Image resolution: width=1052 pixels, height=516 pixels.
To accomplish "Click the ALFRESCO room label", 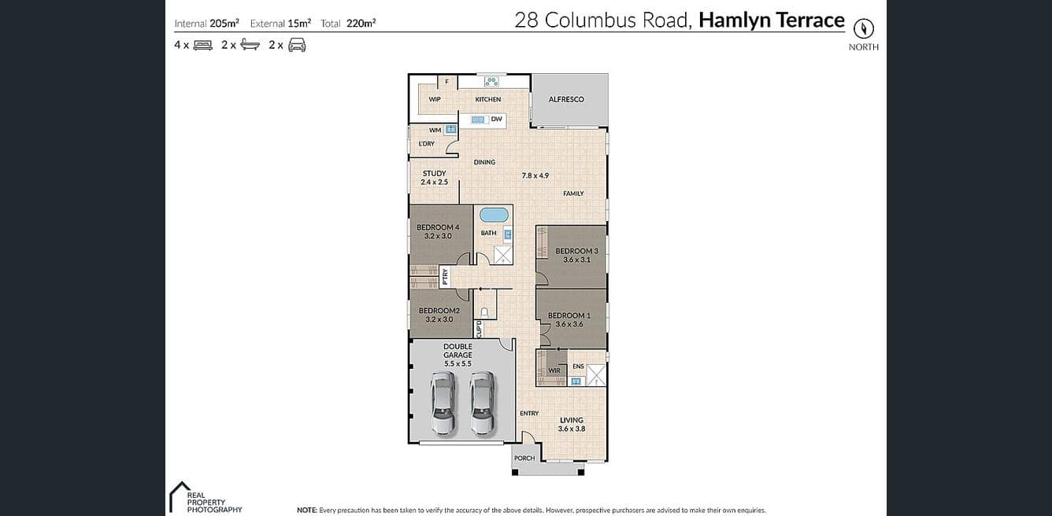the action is [566, 99].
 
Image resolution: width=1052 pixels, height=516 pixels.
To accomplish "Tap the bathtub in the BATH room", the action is [494, 216].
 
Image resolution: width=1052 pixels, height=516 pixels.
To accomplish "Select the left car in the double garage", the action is [443, 403].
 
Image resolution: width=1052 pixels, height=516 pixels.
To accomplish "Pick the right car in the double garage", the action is [482, 403].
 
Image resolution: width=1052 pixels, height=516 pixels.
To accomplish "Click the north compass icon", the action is [863, 28].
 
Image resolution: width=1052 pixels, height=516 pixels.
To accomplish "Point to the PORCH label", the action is [524, 459].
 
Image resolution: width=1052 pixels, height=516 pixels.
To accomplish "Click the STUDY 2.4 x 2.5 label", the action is [434, 178].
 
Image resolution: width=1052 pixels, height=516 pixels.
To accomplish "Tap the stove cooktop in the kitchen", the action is [491, 82].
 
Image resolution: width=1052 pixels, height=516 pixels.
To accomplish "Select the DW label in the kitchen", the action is [496, 119].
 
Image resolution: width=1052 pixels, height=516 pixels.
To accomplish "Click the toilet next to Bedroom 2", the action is [485, 311].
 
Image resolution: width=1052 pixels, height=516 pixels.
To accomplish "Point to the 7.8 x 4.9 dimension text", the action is [535, 175].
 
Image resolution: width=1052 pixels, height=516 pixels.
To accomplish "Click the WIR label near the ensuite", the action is [554, 370].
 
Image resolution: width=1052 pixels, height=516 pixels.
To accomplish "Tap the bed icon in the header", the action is [203, 45].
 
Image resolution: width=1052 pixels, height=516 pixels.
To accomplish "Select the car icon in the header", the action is [297, 45].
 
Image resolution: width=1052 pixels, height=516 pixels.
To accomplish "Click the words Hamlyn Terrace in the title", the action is [772, 20].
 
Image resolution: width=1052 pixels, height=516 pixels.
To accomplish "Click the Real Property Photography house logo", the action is [179, 496].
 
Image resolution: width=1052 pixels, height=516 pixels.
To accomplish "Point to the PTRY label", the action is [445, 277].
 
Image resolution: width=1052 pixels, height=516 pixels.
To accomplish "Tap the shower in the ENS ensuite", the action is [596, 375].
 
